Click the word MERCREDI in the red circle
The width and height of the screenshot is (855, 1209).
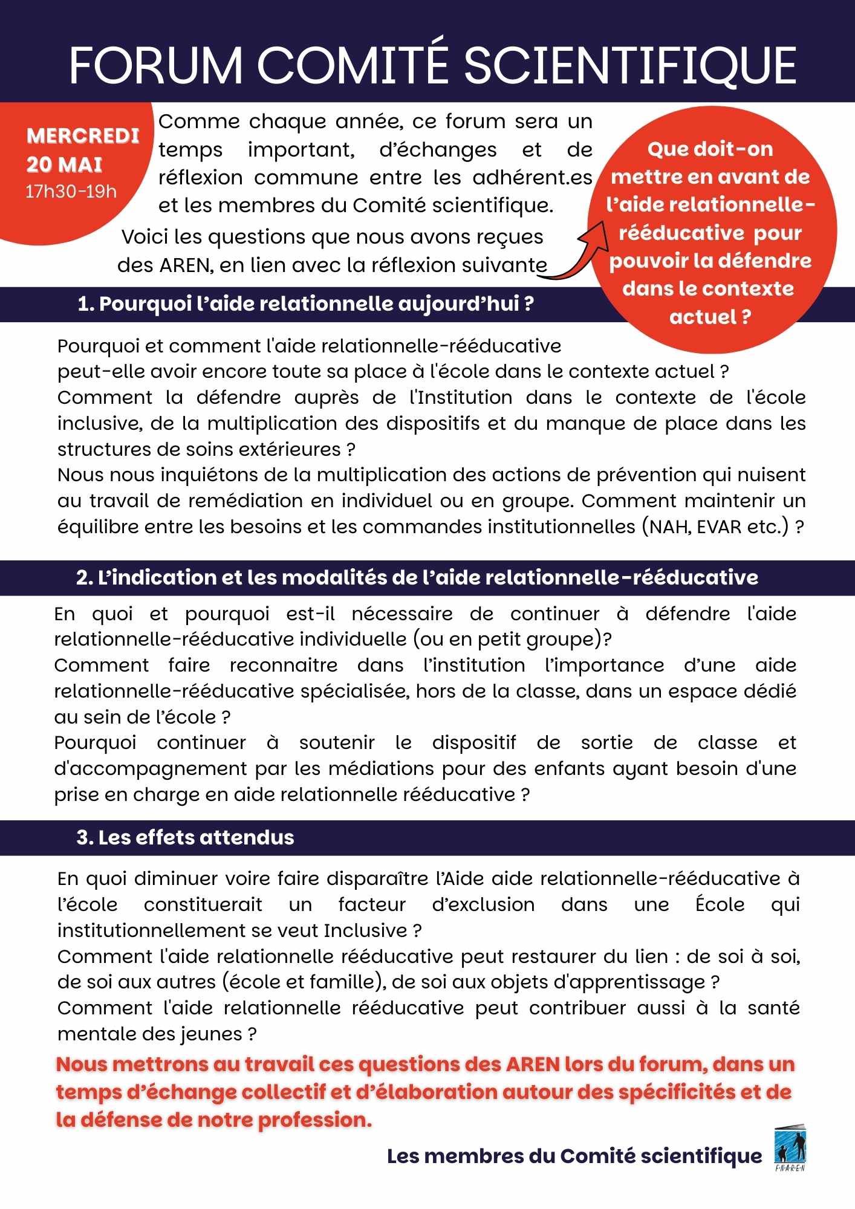tap(83, 136)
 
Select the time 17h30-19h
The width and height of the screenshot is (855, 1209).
tap(71, 192)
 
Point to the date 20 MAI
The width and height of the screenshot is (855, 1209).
tap(64, 164)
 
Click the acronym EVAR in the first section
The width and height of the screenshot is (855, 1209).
tap(719, 527)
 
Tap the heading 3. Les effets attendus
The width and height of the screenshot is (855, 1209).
tap(185, 837)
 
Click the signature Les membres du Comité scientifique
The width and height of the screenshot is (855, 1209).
tap(574, 1156)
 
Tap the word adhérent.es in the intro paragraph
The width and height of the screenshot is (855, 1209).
tap(532, 178)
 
